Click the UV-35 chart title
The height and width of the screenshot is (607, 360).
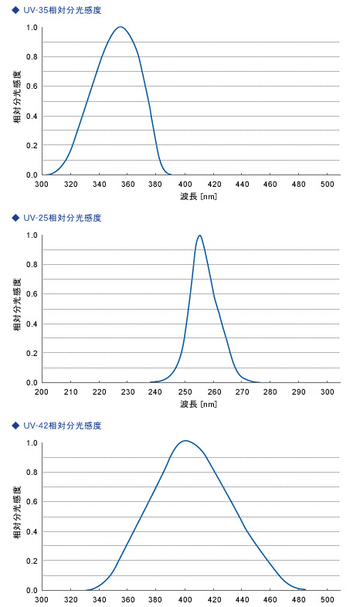tap(62, 10)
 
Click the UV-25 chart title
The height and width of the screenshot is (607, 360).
tap(62, 218)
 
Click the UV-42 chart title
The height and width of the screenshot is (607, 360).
tap(62, 426)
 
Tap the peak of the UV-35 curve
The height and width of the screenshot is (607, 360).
tap(121, 27)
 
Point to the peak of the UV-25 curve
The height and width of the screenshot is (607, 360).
tap(200, 236)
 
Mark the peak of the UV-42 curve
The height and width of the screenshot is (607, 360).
tap(185, 441)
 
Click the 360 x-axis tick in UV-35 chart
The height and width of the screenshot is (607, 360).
tap(128, 185)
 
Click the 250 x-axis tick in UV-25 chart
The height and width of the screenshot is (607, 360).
tap(186, 393)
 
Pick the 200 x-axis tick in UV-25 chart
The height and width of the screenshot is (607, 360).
tap(42, 393)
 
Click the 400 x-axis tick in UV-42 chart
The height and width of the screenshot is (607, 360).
tap(185, 600)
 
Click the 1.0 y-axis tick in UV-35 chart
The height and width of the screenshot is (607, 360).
tap(32, 28)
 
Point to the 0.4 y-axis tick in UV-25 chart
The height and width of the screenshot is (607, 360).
tap(32, 324)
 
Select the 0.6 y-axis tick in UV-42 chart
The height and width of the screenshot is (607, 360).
tap(32, 502)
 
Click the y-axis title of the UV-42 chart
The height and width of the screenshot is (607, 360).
tap(17, 517)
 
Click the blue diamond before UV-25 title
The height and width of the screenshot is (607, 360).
tap(15, 218)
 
